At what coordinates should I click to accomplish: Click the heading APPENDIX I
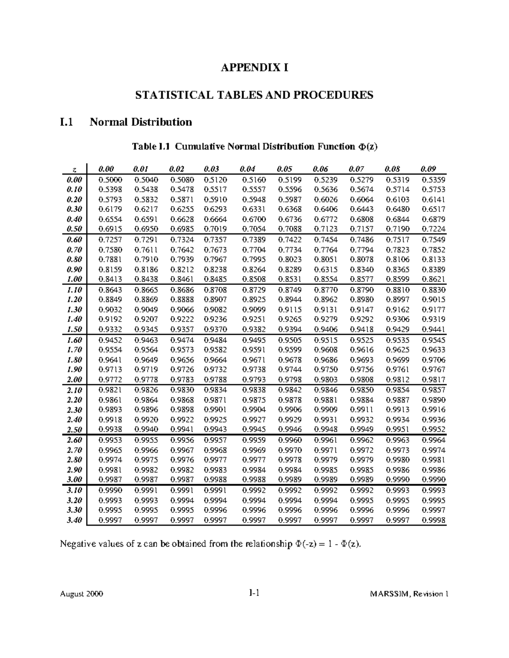click(x=254, y=68)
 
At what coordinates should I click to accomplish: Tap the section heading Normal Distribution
click(x=140, y=122)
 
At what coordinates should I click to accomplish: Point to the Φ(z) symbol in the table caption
click(x=367, y=147)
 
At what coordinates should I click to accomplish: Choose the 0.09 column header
click(x=428, y=169)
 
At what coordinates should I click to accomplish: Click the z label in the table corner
click(x=75, y=169)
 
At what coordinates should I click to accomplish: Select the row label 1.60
click(x=74, y=340)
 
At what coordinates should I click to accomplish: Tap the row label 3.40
click(x=74, y=520)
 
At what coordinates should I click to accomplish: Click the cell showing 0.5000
click(x=110, y=179)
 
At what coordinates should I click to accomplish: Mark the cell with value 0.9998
click(x=433, y=520)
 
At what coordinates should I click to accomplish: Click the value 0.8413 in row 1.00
click(x=110, y=279)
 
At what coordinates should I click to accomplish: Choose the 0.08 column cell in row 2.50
click(x=397, y=430)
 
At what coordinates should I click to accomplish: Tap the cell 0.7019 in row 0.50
click(x=215, y=229)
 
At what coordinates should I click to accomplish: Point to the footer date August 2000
click(x=81, y=594)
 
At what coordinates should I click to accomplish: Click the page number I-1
click(x=254, y=593)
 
